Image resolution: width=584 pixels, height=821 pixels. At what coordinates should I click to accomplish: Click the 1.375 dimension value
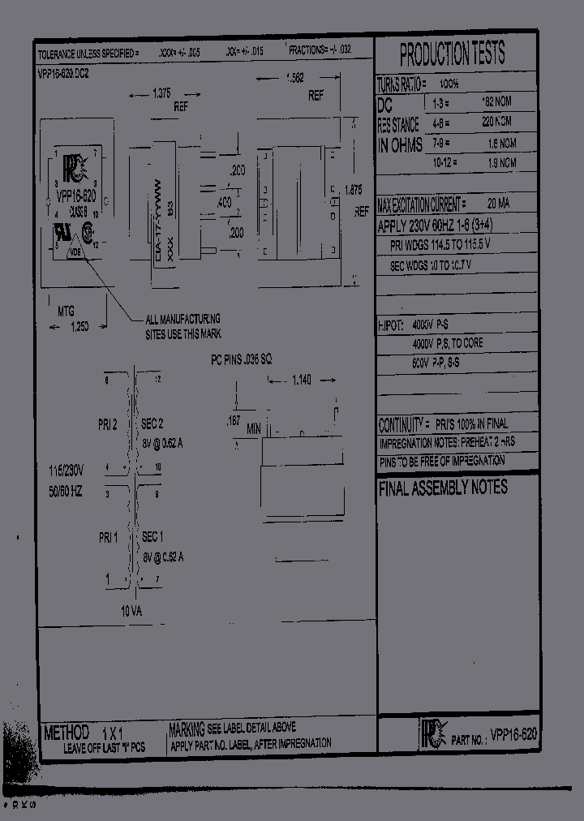point(161,93)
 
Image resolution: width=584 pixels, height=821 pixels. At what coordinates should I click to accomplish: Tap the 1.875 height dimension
point(353,189)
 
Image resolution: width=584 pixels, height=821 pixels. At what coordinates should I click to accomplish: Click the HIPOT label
point(390,324)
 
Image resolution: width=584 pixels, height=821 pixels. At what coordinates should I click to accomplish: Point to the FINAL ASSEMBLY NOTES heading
point(443,488)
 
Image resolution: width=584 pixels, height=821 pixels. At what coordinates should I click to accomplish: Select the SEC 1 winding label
point(152,537)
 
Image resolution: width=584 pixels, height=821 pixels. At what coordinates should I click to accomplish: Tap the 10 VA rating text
point(130,611)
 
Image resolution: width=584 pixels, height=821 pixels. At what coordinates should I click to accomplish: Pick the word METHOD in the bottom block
point(67,733)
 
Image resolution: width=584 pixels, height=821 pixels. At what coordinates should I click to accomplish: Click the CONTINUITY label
point(402,425)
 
